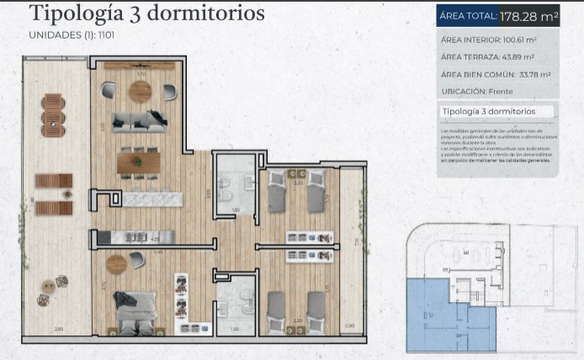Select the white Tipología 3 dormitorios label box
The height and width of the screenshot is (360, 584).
pyautogui.click(x=487, y=111)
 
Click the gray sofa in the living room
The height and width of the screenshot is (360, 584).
pyautogui.click(x=140, y=120)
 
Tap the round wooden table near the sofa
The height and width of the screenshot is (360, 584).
pyautogui.click(x=139, y=93)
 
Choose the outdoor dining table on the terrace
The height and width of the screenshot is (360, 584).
pyautogui.click(x=52, y=115)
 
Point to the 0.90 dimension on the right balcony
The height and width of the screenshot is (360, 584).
pyautogui.click(x=350, y=326)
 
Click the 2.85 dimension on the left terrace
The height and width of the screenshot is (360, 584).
pyautogui.click(x=58, y=330)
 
